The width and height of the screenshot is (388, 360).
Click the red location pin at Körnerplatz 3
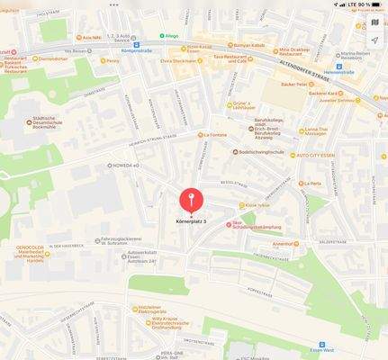point(191,199)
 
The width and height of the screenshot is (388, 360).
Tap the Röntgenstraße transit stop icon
point(136,44)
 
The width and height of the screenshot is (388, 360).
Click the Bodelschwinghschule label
point(264,152)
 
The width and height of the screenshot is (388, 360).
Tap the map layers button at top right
point(374,22)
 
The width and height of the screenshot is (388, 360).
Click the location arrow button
point(374,40)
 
